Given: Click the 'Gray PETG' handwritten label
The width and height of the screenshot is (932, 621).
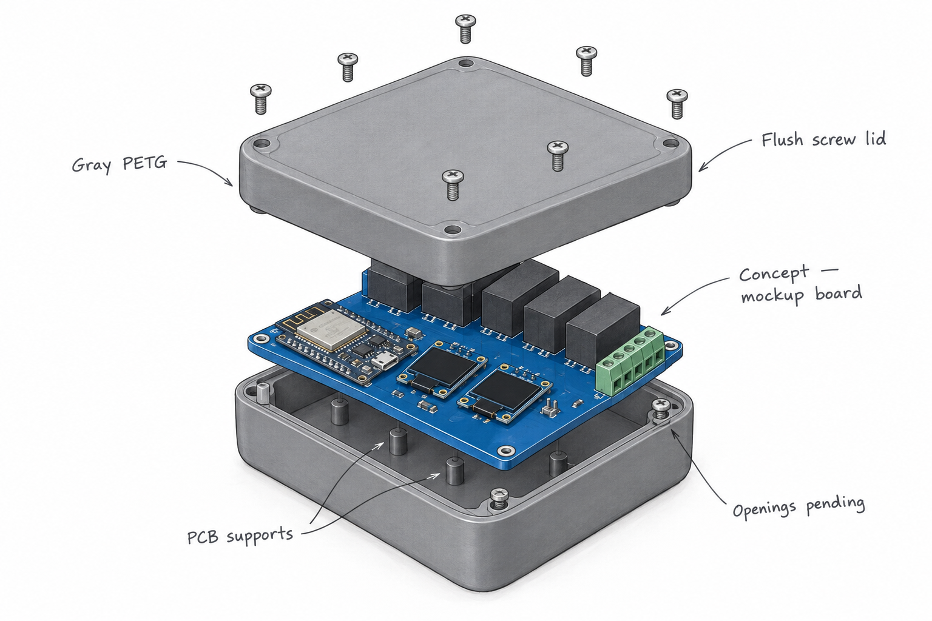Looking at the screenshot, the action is (120, 164).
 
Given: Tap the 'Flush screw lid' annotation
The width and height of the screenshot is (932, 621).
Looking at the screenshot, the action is (823, 139).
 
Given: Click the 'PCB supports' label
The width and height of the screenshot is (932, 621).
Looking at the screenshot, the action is (240, 535).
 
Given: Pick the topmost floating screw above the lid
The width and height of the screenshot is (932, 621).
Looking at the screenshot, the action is (465, 29).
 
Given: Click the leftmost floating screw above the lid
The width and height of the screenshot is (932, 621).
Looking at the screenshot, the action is (261, 99).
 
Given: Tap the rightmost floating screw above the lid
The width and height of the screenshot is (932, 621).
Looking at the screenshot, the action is (677, 103).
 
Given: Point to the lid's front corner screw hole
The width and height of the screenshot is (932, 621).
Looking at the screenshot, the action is (451, 229).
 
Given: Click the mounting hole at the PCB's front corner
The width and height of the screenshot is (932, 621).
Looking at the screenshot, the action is (505, 451).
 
